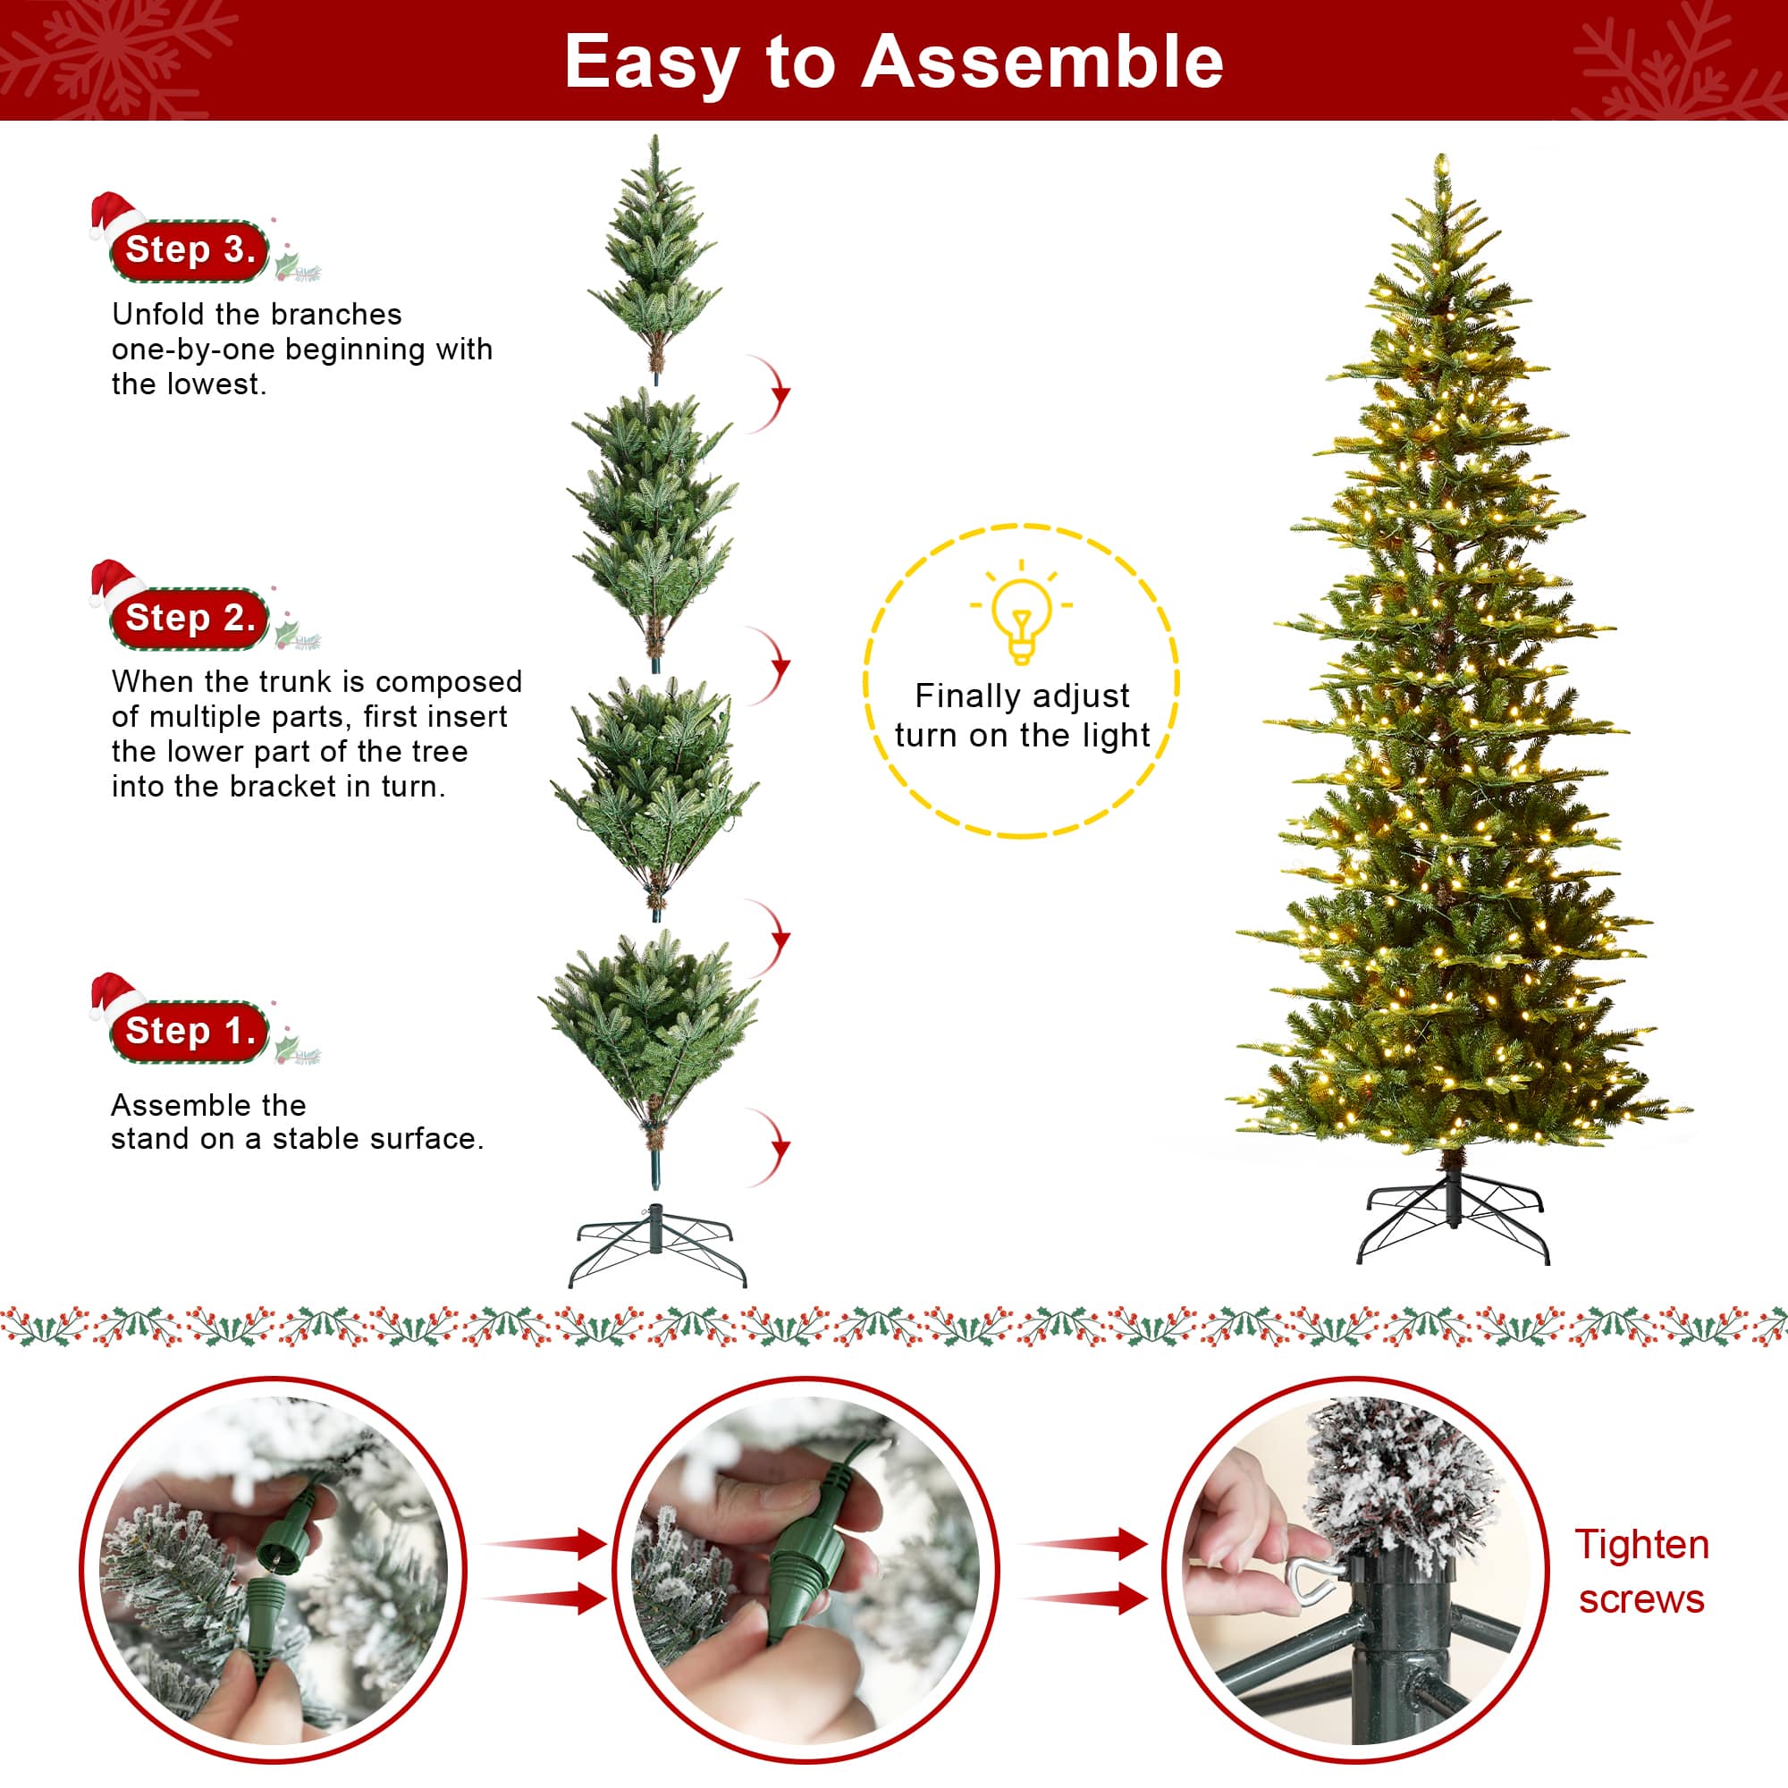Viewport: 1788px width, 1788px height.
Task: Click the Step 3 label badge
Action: [x=189, y=250]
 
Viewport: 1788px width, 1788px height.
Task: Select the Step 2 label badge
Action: [x=189, y=617]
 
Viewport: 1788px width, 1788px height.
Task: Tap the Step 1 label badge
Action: [x=189, y=1030]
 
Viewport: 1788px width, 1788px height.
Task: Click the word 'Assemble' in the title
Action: [x=1042, y=62]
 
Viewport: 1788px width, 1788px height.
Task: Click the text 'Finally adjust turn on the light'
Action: [x=1021, y=715]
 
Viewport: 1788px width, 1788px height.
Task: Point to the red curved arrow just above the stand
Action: [x=772, y=1148]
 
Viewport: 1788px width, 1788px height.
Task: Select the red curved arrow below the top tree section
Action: [x=772, y=393]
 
